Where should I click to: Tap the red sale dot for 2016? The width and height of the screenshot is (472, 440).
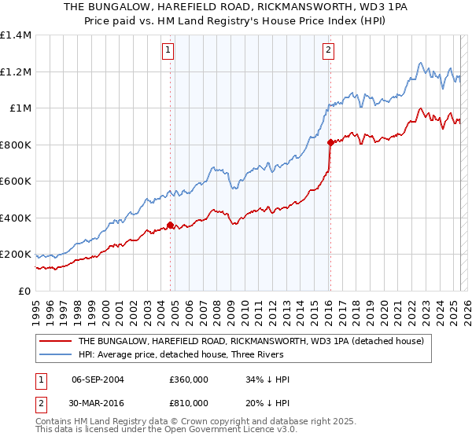[x=330, y=142]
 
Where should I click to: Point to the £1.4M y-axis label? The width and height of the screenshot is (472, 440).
[x=16, y=35]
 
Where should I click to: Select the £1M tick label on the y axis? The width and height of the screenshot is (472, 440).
[x=20, y=108]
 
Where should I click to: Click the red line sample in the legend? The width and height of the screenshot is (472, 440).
[x=54, y=342]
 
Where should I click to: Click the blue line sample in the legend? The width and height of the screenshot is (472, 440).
[x=54, y=354]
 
